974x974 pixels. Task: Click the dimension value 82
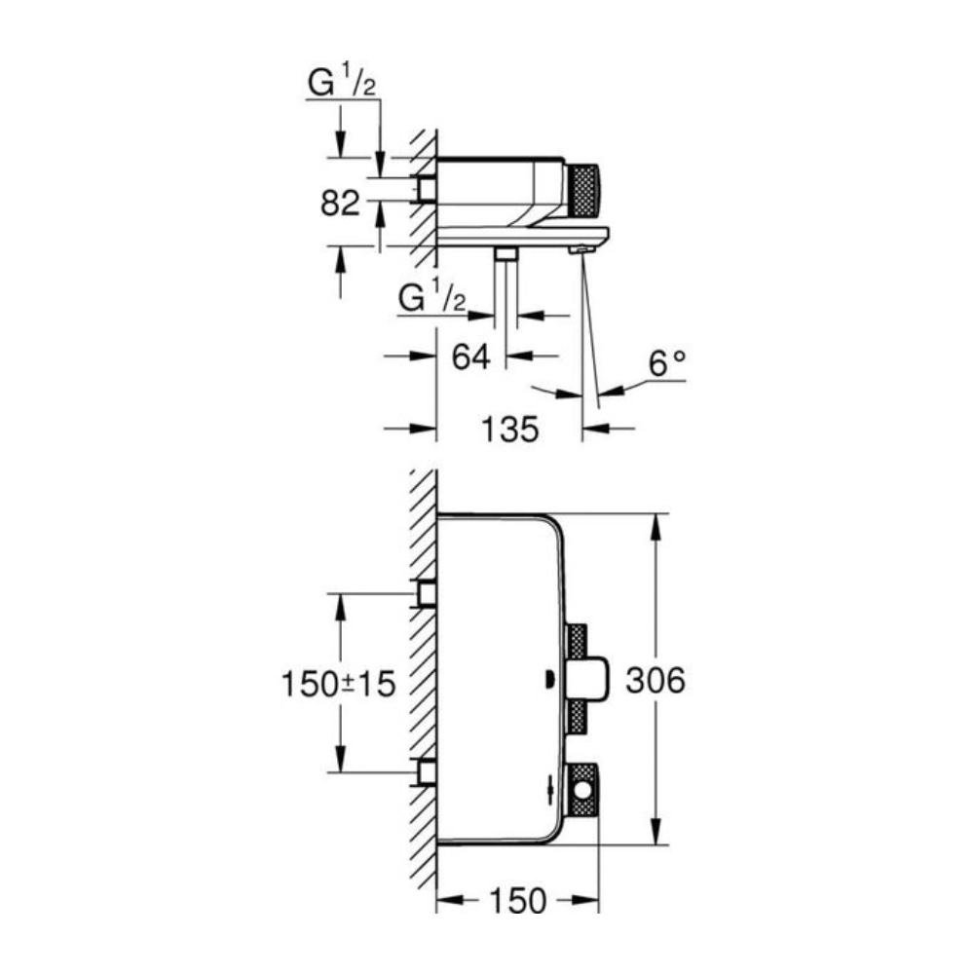tap(341, 204)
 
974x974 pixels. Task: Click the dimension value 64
tap(470, 356)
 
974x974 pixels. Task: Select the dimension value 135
tap(508, 429)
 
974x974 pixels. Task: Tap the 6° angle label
tap(667, 365)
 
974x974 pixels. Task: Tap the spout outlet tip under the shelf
tap(581, 250)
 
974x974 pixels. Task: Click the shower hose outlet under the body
tap(505, 254)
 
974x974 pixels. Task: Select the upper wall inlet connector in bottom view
tap(426, 592)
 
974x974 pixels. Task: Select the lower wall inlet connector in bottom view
tap(426, 773)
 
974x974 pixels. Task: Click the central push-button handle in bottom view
tap(592, 680)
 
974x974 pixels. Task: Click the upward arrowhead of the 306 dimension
tap(659, 522)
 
